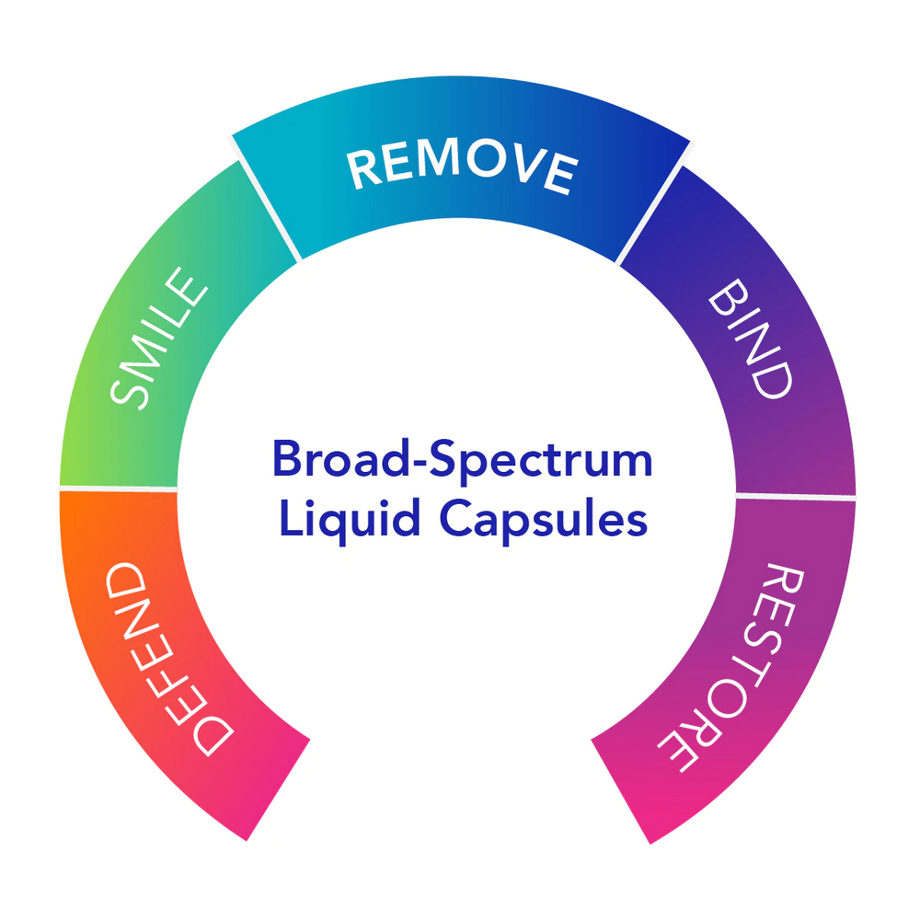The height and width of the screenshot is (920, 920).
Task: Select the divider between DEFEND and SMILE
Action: pos(120,488)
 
